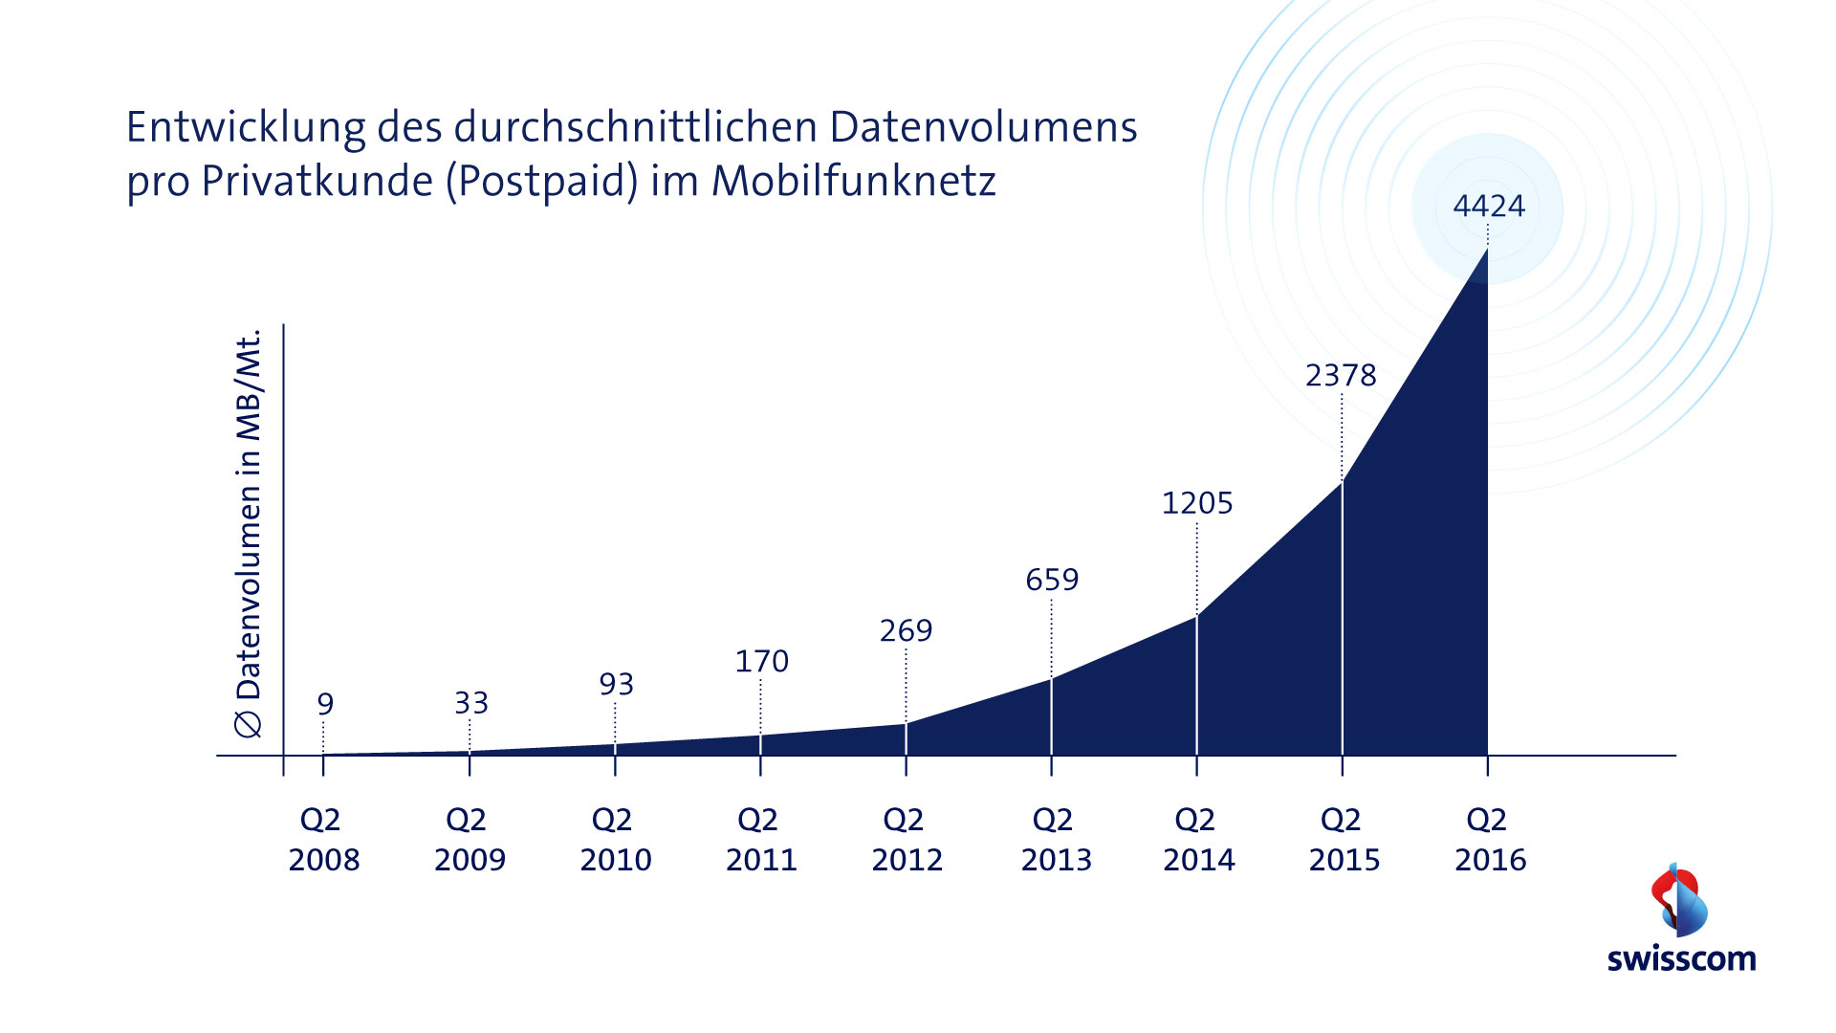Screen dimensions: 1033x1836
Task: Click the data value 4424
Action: (1489, 206)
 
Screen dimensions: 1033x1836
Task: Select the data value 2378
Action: (1341, 375)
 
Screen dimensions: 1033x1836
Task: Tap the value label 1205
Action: (1197, 503)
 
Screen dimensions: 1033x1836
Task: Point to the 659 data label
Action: (1052, 580)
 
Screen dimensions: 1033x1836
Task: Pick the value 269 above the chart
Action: (906, 630)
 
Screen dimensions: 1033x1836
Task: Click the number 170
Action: (761, 661)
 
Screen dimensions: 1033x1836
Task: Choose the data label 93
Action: (616, 684)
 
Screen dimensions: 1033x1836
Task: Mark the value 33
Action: (470, 703)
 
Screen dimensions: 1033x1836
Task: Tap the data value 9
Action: (325, 704)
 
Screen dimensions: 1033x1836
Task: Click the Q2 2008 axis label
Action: (324, 840)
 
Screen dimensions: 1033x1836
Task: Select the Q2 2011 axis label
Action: (761, 840)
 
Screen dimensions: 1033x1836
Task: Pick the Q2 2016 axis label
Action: (1490, 840)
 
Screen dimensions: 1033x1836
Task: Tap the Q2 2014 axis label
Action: (1198, 840)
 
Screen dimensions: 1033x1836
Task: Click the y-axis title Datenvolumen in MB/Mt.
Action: (248, 534)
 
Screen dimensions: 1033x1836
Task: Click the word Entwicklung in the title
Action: (246, 128)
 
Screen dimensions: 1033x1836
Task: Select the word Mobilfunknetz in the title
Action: (853, 182)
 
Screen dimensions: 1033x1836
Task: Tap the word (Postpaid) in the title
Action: (542, 182)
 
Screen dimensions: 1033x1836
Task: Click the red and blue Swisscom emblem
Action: (1679, 900)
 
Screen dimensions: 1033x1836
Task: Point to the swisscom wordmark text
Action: (1681, 959)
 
